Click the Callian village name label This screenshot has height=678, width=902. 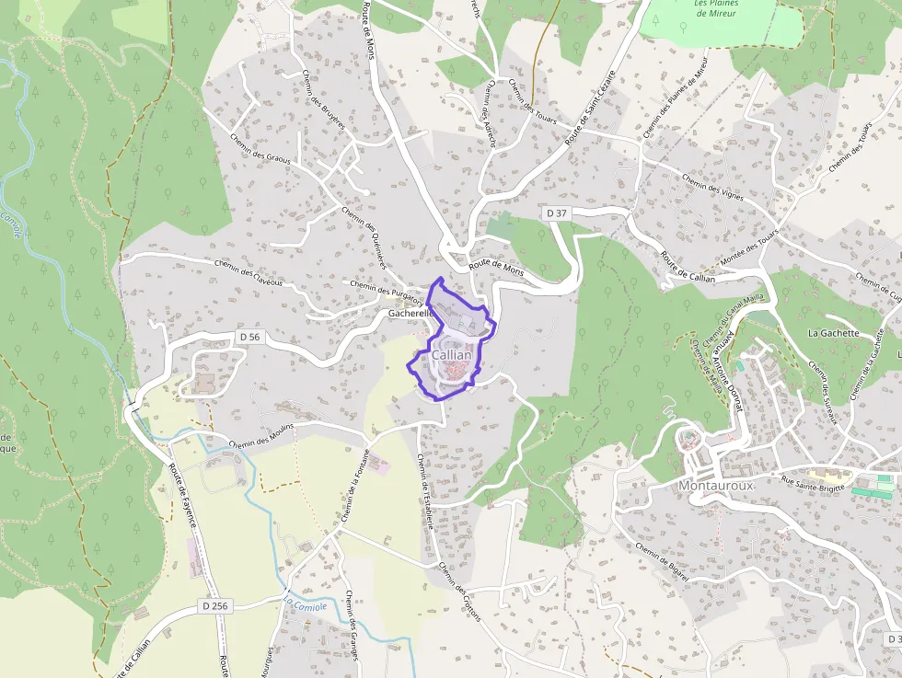[451, 355]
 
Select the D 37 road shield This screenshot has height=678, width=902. [556, 213]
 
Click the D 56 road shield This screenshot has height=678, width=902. [249, 338]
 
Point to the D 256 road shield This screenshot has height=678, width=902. [213, 606]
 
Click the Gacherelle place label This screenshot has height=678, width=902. [411, 314]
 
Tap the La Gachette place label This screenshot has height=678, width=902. [833, 333]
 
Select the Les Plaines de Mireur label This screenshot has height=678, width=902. [716, 8]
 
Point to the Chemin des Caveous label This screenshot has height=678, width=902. [249, 268]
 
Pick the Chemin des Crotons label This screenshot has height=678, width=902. [460, 592]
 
